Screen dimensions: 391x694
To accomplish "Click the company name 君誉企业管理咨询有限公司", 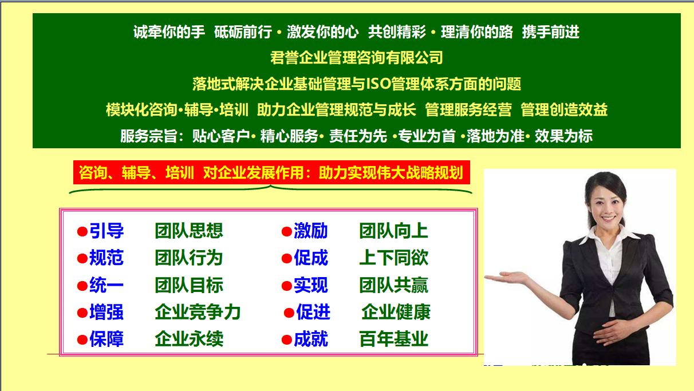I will (356, 58).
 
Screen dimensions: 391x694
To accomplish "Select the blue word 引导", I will (107, 231).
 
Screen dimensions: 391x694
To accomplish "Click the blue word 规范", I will (107, 258).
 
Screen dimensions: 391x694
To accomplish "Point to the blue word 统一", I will (107, 285).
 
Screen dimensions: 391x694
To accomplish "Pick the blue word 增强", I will (107, 312).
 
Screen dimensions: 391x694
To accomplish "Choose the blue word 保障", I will (107, 339).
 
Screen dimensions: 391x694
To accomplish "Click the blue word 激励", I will (311, 231).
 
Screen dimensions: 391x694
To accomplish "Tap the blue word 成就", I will (311, 339).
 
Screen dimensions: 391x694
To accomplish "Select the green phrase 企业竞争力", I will (198, 312).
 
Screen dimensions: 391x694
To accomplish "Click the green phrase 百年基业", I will (393, 339).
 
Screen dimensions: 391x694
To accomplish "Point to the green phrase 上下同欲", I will (393, 258).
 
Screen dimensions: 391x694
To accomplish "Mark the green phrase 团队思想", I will (189, 231).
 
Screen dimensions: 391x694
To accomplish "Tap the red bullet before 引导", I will (82, 232).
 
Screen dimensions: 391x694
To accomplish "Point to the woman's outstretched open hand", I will (504, 279).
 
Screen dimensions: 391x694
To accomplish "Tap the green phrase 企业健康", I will (396, 312).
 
